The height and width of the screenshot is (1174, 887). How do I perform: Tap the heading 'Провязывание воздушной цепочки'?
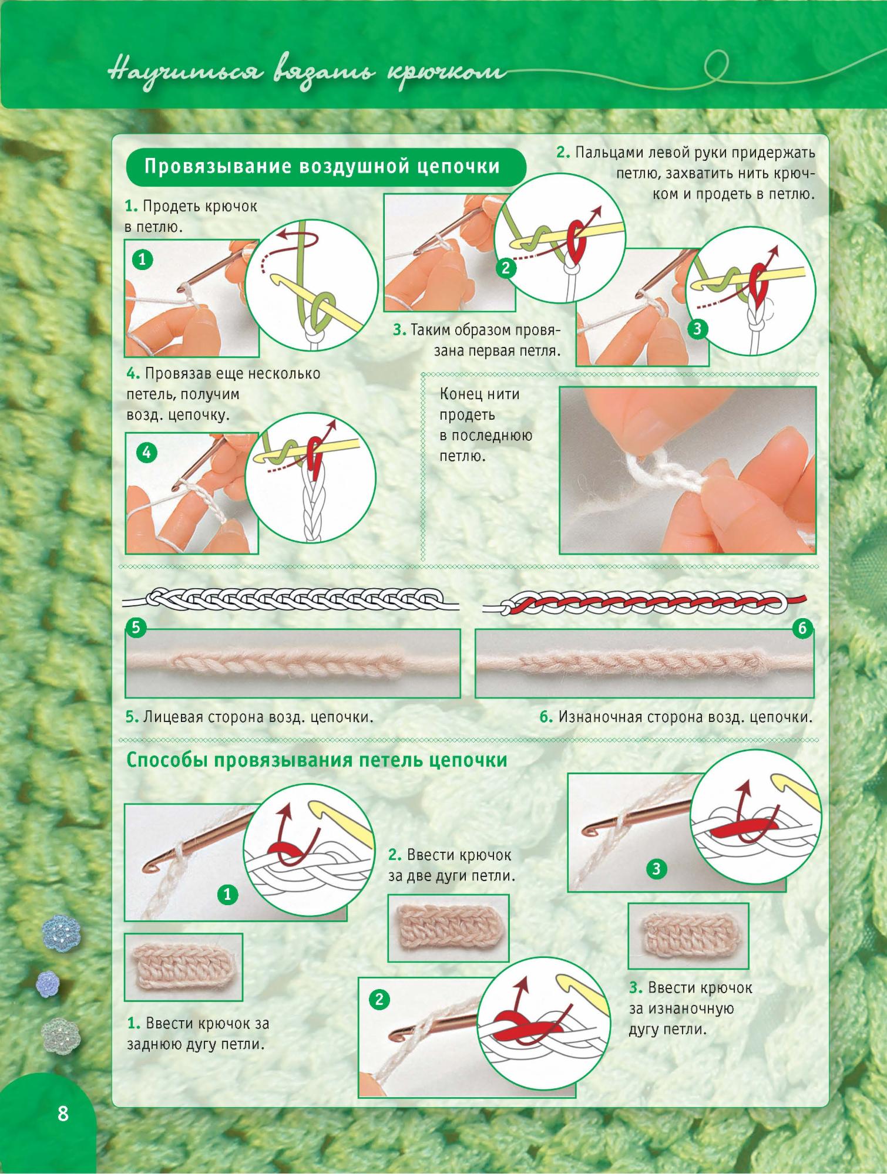click(x=322, y=167)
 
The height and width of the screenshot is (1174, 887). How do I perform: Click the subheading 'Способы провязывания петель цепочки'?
click(x=317, y=760)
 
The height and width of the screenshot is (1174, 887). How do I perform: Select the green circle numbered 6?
click(x=803, y=629)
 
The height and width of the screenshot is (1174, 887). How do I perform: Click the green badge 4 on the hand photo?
click(x=146, y=453)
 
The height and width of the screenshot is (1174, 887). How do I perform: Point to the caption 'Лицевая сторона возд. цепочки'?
click(x=250, y=717)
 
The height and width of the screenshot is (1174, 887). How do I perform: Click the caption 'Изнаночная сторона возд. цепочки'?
click(x=676, y=717)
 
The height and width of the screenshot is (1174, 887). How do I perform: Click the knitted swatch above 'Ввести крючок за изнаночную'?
click(x=688, y=936)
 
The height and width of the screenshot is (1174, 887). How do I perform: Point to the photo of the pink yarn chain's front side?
click(x=293, y=663)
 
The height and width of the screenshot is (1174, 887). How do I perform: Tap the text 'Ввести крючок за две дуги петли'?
click(x=452, y=866)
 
